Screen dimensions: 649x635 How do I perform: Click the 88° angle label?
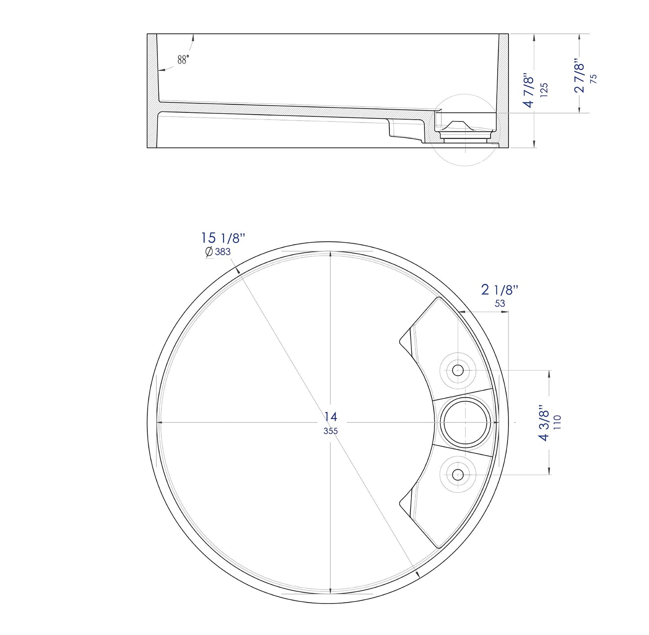[x=183, y=59]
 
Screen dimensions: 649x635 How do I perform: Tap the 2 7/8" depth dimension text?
[x=579, y=76]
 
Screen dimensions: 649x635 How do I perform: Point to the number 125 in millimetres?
[x=544, y=90]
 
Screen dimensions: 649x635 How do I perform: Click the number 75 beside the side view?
[x=593, y=78]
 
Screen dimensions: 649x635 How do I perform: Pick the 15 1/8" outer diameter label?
[x=223, y=238]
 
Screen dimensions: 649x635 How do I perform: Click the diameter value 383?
[x=222, y=252]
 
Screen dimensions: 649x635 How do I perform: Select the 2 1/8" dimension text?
[x=499, y=290]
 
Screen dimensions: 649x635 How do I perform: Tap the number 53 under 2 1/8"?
[x=499, y=304]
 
